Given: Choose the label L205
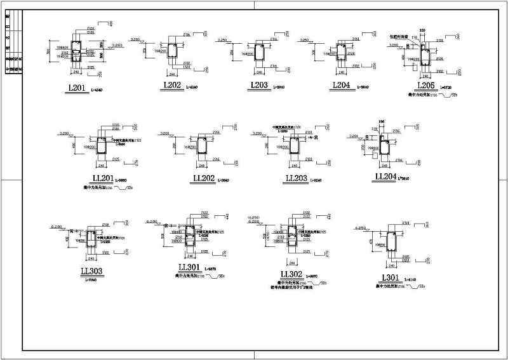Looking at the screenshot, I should point(426,85).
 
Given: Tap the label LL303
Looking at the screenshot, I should point(93,272).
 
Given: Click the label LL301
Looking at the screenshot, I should point(190,267).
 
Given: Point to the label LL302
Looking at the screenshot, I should point(291,274).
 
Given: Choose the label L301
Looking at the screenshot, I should point(388,277).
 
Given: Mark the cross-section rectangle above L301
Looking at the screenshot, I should point(392,242).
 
